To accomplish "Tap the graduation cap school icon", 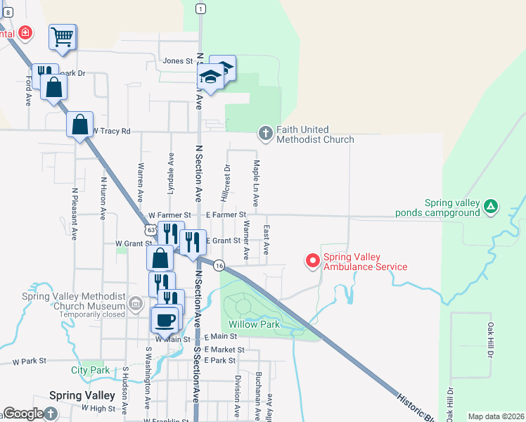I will pos(210,77).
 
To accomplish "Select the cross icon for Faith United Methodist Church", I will pos(266,132).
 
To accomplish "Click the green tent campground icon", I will pos(491,207).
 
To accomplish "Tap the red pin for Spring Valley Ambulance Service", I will pos(312,261).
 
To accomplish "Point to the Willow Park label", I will pos(254,324).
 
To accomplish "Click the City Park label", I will pos(91,370).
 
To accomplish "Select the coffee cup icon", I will pos(165,320).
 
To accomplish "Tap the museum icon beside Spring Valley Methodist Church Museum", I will pos(136,305).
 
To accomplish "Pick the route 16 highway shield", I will pos(219,265).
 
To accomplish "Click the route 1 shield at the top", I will pos(201,8).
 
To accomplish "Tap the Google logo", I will pos(23,414).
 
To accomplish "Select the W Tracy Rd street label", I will pos(111,131).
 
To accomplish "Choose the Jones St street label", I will pos(177,61).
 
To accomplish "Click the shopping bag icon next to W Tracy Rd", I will pos(80,125).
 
